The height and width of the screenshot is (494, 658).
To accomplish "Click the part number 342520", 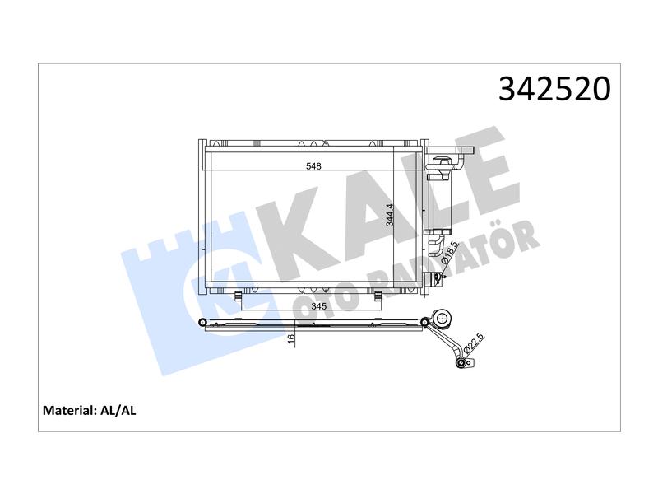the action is coord(554,89).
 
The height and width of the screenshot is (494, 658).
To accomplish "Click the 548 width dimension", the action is coord(313,166).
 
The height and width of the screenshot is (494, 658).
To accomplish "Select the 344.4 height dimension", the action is coord(390,215).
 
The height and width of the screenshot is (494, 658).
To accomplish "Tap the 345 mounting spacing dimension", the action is coord(319,305).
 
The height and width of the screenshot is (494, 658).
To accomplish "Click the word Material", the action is coord(69,410).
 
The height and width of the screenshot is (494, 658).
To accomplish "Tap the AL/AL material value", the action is coord(118,410).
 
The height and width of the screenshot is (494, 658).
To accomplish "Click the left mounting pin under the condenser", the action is coord(238,296).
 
